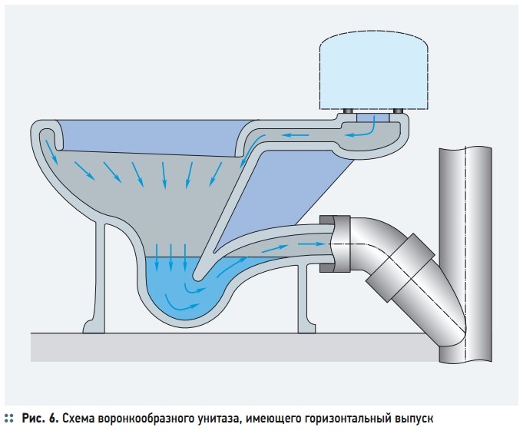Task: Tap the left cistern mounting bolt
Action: [x=347, y=112]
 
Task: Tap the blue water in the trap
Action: [x=165, y=284]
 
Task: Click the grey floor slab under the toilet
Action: [x=230, y=345]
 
